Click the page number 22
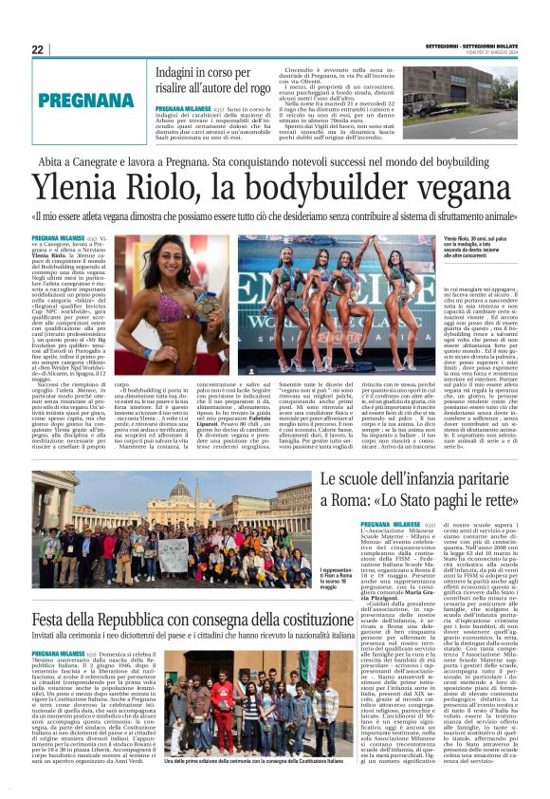pos(38,49)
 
